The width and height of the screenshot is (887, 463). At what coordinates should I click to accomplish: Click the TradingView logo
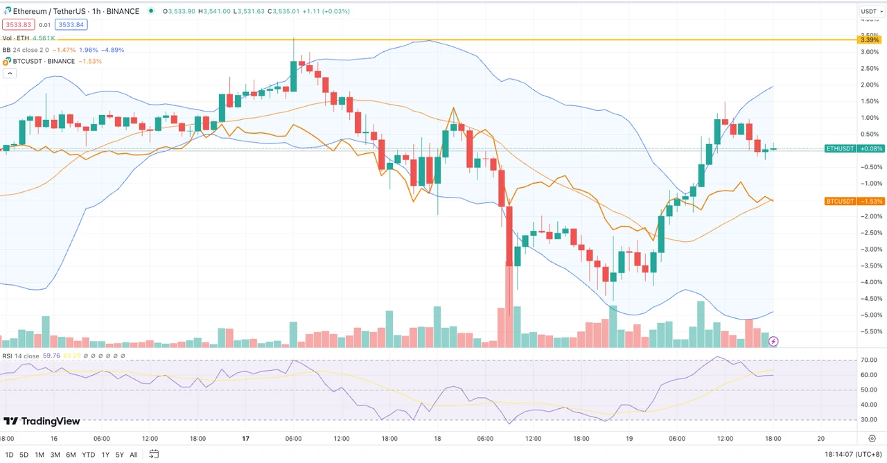coord(42,421)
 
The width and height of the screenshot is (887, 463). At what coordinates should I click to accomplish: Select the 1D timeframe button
coord(9,455)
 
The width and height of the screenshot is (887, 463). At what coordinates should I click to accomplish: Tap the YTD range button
coord(88,455)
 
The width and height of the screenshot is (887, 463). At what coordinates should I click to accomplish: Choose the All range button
coord(134,455)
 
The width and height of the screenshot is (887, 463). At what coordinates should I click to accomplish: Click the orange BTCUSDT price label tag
coord(840,201)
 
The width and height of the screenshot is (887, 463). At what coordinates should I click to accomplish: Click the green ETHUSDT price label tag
coord(840,148)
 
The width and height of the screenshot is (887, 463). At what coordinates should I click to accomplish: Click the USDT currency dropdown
coord(869,11)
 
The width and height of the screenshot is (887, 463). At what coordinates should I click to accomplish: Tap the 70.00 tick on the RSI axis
coord(868,360)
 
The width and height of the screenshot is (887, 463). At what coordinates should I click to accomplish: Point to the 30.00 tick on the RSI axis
coord(868,420)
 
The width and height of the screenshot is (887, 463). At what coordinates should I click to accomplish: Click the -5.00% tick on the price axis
coord(869,315)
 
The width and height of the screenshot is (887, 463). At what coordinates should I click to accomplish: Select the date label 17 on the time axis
coord(245,439)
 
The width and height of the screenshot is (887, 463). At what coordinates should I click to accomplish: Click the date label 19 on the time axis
coord(630,439)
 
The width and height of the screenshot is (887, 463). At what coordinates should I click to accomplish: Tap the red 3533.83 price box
coord(17,25)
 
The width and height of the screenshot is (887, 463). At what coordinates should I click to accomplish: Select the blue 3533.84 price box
coord(71,25)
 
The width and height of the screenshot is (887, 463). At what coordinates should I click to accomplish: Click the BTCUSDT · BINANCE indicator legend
coord(44,61)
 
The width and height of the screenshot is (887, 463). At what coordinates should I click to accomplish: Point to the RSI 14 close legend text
coord(21,356)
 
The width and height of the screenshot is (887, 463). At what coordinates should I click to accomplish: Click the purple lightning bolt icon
coord(773,341)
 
